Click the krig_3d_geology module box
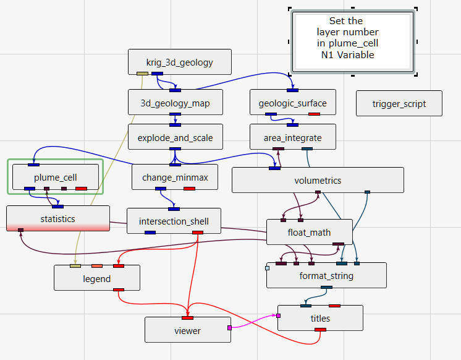pyautogui.click(x=179, y=62)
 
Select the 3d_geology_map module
pyautogui.click(x=175, y=103)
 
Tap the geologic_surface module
pyautogui.click(x=293, y=103)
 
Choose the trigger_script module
pyautogui.click(x=399, y=103)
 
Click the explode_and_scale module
pyautogui.click(x=175, y=137)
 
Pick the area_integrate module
pyautogui.click(x=293, y=137)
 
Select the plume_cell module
pyautogui.click(x=55, y=177)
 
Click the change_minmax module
pyautogui.click(x=175, y=178)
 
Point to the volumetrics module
pyautogui.click(x=318, y=180)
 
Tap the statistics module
pyautogui.click(x=57, y=218)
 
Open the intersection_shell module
pyautogui.click(x=174, y=221)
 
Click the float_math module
pyautogui.click(x=309, y=232)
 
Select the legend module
pyautogui.click(x=96, y=278)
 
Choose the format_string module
pyautogui.click(x=326, y=275)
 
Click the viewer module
pyautogui.click(x=187, y=330)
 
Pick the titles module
pyautogui.click(x=320, y=318)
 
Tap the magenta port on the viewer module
pyautogui.click(x=229, y=328)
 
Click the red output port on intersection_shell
pyautogui.click(x=198, y=233)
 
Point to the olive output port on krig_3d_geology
pyautogui.click(x=142, y=74)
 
